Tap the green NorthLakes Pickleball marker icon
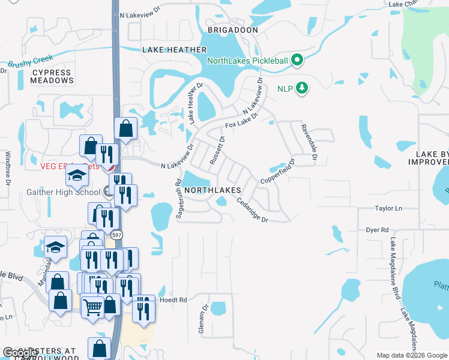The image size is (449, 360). coord(297,61)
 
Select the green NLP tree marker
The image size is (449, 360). coord(302,89)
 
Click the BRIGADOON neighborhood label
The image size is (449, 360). coord(232,29)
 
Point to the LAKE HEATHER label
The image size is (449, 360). coord(175,50)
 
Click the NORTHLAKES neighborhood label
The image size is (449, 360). coord(212,190)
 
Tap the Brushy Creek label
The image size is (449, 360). coord(31,61)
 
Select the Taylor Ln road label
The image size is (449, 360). coord(388,208)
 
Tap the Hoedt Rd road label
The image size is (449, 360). coord(175,299)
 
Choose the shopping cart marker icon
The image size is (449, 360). coord(92,307)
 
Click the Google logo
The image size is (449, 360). coord(20,353)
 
